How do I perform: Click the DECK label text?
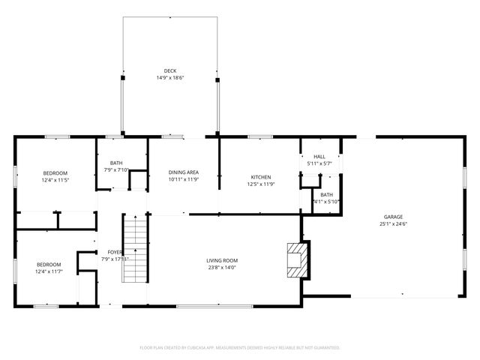point(170,70)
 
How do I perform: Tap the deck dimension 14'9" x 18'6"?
point(170,78)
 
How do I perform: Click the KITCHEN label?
point(260,177)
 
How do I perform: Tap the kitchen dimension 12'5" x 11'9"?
point(260,184)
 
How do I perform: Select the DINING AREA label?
point(183,172)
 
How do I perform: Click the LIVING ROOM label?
point(222,260)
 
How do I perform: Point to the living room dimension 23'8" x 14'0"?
point(222,268)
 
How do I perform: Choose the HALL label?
point(319,156)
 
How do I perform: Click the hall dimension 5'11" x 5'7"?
point(319,163)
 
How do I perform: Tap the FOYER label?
point(115,252)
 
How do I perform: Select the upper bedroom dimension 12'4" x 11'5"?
point(55,180)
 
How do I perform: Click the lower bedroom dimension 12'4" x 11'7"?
point(49,271)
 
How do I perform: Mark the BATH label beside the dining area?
point(116,163)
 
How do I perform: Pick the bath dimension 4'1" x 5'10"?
point(326,201)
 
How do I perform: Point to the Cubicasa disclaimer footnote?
point(240,347)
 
